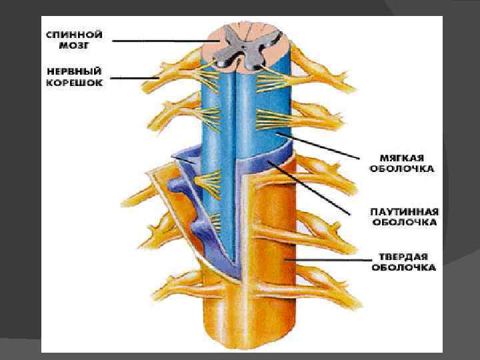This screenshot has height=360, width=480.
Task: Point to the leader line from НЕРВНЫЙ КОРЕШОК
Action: [x=133, y=79]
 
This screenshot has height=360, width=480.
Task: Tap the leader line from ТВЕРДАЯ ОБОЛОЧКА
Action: [x=327, y=259]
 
